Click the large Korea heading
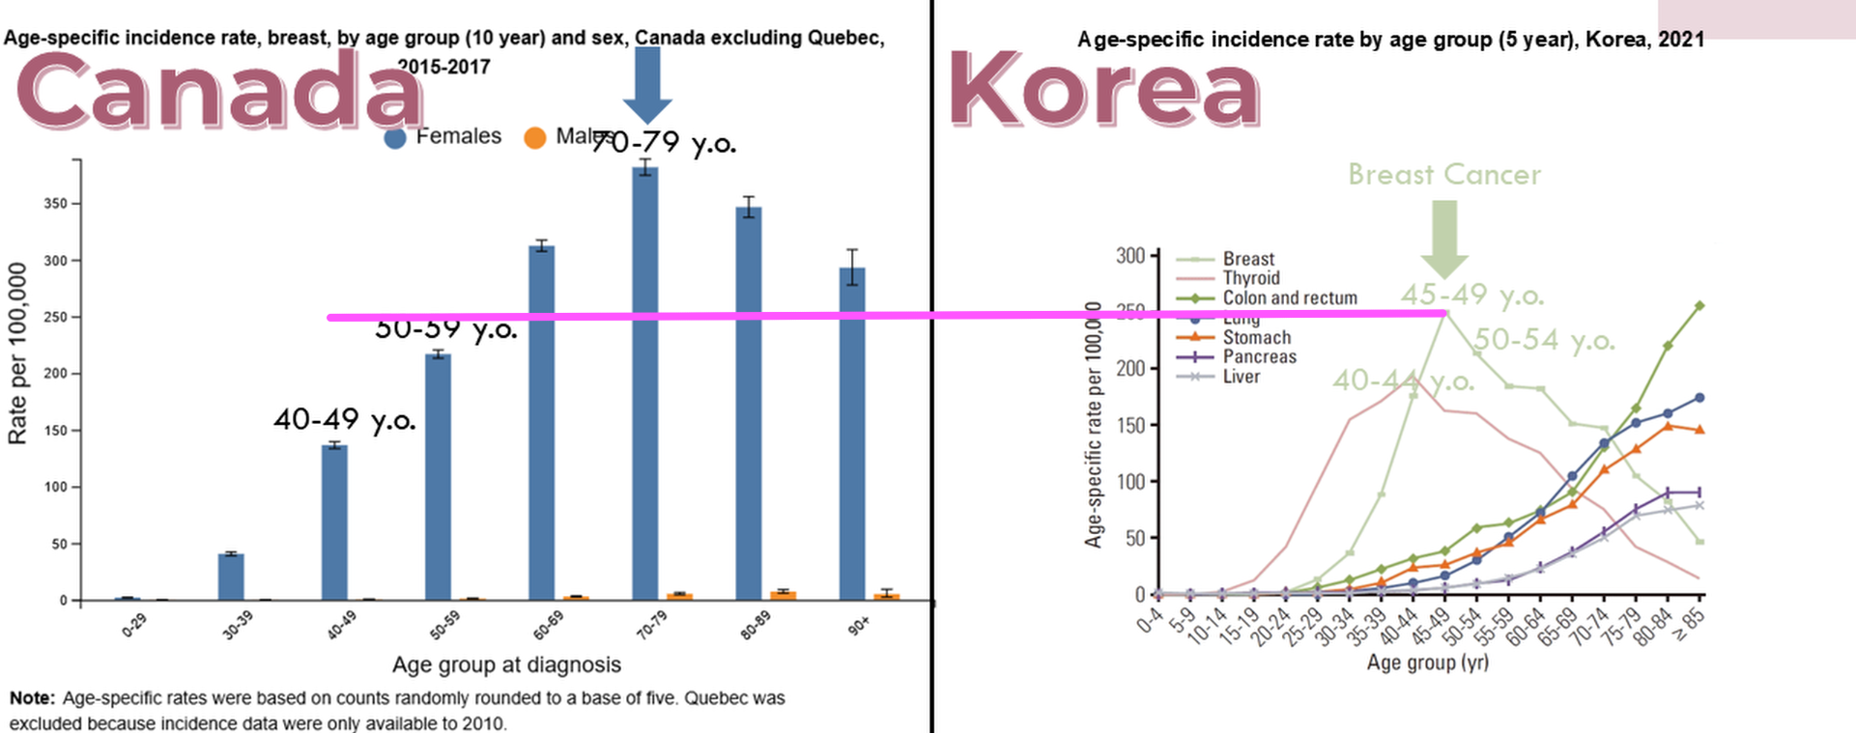pyautogui.click(x=1104, y=90)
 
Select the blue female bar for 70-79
pyautogui.click(x=645, y=383)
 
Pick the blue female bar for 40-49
pyautogui.click(x=334, y=522)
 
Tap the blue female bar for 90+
pyautogui.click(x=852, y=434)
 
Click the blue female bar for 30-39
pyautogui.click(x=231, y=577)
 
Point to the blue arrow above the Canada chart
pyautogui.click(x=647, y=83)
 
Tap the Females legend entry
pyautogui.click(x=443, y=137)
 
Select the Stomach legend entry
pyautogui.click(x=1256, y=337)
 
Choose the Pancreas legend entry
pyautogui.click(x=1259, y=356)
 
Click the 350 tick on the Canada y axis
pyautogui.click(x=55, y=204)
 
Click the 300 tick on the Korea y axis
pyautogui.click(x=1129, y=256)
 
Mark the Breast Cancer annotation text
pyautogui.click(x=1444, y=175)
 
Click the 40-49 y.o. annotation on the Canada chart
pyautogui.click(x=345, y=419)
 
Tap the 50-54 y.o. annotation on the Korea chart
pyautogui.click(x=1544, y=340)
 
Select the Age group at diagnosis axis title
pyautogui.click(x=506, y=664)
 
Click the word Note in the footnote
pyautogui.click(x=33, y=698)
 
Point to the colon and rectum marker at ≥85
pyautogui.click(x=1699, y=306)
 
